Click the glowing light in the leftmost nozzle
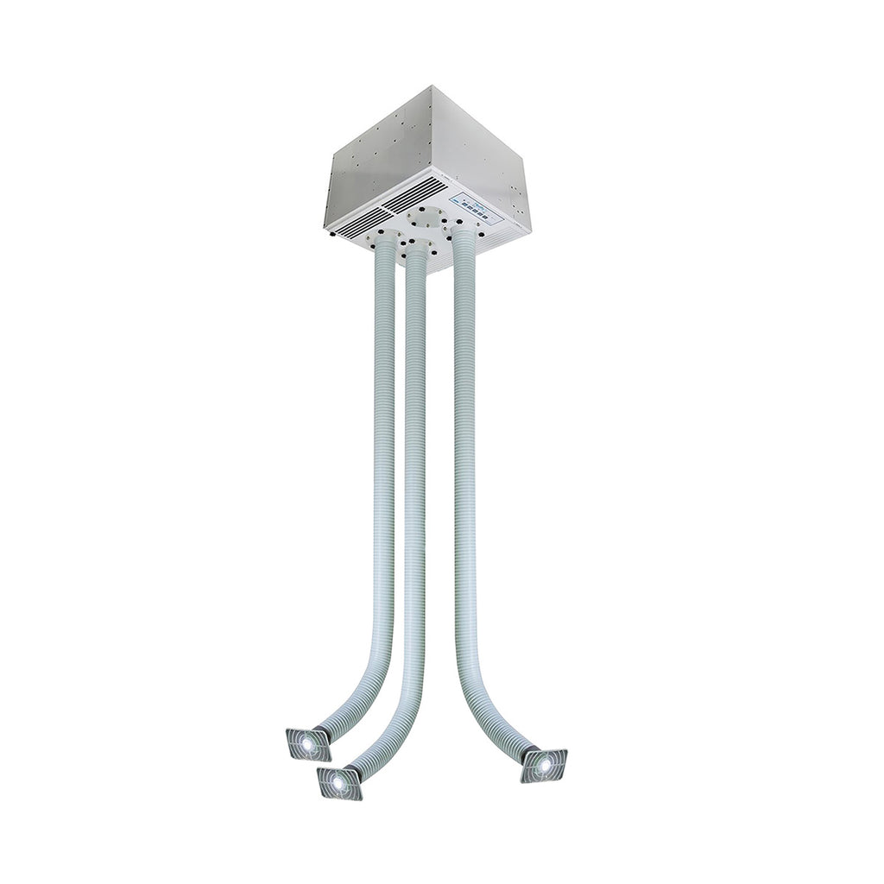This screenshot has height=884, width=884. click(x=306, y=743)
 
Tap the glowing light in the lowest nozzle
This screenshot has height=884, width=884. click(x=337, y=782)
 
